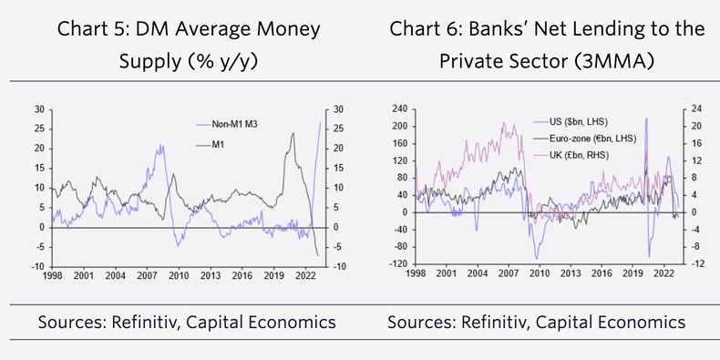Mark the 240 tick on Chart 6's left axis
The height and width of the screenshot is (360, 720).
coord(398,108)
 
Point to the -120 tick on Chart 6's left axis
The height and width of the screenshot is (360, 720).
coord(396,263)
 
